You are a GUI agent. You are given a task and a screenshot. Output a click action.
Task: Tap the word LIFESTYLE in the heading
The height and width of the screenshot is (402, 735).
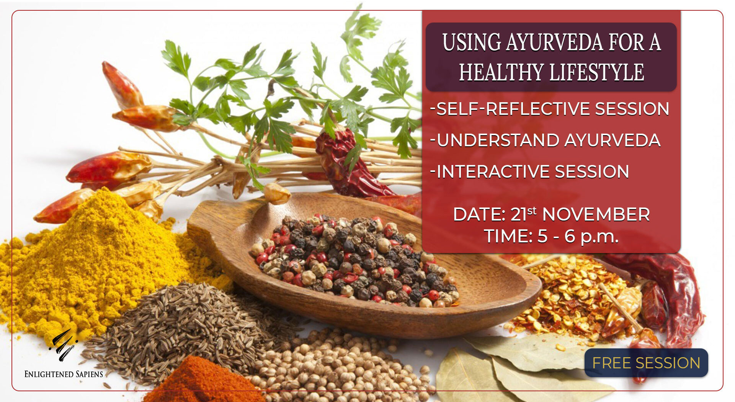click(597, 72)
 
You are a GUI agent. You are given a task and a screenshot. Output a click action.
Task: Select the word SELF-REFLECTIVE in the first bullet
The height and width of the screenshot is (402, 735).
click(513, 109)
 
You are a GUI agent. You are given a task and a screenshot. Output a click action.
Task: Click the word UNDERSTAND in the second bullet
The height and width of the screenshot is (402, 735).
click(498, 140)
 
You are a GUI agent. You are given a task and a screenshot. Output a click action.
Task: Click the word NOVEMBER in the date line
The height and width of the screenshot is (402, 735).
click(596, 214)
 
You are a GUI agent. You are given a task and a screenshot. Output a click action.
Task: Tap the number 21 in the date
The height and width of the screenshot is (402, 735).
click(519, 214)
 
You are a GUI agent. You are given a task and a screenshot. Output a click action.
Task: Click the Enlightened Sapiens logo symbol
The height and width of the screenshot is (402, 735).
click(63, 345)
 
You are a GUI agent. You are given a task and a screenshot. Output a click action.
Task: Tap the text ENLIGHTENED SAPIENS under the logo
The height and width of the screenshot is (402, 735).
click(64, 374)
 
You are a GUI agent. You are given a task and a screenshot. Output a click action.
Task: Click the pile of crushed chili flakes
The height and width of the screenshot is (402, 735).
click(567, 295)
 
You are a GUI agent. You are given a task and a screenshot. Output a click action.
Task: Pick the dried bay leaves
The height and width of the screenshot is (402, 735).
click(528, 368)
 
